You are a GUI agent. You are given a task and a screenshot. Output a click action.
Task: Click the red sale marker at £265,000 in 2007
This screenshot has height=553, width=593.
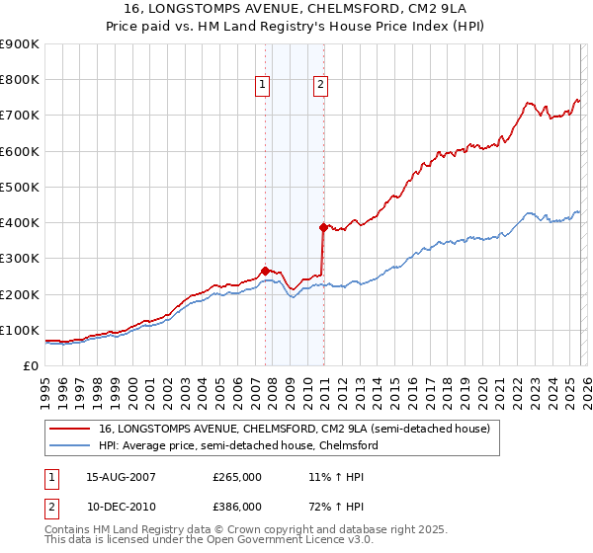[x=265, y=271]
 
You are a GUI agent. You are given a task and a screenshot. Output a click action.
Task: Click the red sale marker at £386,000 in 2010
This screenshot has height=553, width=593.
[x=323, y=227]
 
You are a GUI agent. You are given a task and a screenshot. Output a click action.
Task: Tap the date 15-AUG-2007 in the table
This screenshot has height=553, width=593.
[x=121, y=476]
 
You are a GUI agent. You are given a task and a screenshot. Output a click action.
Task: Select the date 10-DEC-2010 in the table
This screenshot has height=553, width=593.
[x=121, y=506]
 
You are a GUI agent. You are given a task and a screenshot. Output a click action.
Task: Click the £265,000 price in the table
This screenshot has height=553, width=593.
[x=237, y=476]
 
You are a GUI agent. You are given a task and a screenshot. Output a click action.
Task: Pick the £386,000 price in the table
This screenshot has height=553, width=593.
[x=237, y=506]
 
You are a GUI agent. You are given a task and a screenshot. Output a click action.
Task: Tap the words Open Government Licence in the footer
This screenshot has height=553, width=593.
[x=275, y=541]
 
